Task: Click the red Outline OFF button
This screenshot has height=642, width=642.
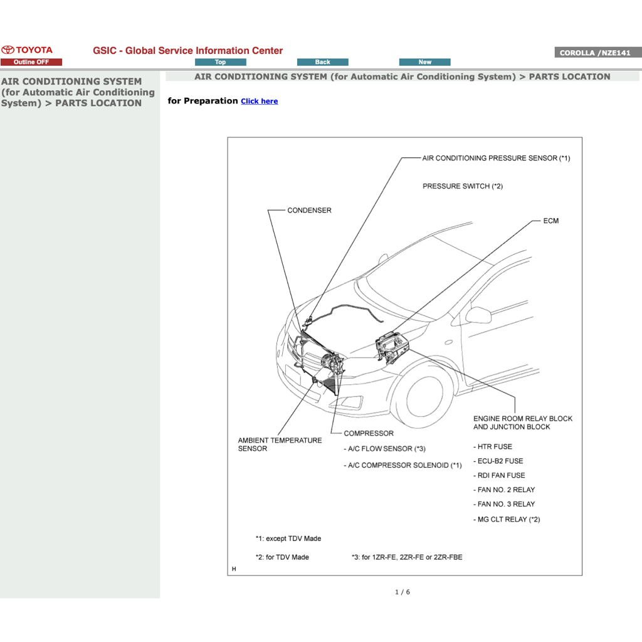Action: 31,62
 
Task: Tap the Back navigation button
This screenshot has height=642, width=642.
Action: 322,62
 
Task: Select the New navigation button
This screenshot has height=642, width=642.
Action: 424,62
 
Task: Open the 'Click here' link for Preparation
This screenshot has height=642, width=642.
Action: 259,101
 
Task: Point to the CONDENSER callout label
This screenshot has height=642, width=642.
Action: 309,210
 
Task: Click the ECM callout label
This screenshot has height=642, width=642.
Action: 550,221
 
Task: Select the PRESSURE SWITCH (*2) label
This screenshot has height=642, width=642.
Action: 462,186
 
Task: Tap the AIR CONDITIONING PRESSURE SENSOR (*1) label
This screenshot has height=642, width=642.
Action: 496,158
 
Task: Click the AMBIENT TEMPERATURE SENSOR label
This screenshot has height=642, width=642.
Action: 280,445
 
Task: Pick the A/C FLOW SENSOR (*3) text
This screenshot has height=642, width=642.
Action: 384,448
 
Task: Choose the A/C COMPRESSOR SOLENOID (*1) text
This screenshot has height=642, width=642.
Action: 403,465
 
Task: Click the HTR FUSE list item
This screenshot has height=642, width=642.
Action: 494,446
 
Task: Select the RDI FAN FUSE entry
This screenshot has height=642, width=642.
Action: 501,475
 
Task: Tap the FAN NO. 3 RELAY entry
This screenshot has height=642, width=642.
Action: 506,504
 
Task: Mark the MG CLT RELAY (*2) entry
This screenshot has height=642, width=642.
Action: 508,519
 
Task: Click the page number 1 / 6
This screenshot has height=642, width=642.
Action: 402,592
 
